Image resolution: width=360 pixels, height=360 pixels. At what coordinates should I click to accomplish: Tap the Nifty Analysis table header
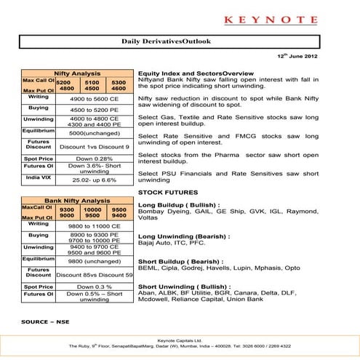click(x=78, y=74)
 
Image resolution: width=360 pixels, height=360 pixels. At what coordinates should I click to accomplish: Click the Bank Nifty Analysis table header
click(x=77, y=199)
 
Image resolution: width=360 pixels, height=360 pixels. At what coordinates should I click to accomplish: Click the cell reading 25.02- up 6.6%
click(x=94, y=179)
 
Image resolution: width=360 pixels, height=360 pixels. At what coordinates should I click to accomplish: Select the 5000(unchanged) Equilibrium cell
click(x=94, y=133)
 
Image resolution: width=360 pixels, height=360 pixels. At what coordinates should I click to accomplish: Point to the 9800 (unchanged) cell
click(x=94, y=260)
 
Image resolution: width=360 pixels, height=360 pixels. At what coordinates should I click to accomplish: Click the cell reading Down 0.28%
click(x=94, y=158)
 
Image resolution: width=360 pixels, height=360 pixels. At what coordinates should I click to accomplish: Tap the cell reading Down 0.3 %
click(x=94, y=287)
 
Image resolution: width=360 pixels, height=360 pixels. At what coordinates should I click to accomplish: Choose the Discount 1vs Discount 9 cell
click(x=94, y=146)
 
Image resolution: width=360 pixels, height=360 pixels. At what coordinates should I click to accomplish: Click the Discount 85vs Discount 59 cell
click(x=94, y=274)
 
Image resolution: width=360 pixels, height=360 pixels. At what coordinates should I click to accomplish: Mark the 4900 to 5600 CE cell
click(x=94, y=97)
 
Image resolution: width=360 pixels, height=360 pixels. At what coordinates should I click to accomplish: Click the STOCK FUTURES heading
click(x=164, y=191)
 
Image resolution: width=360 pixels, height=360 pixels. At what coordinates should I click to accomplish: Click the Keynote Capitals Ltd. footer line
click(x=180, y=340)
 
